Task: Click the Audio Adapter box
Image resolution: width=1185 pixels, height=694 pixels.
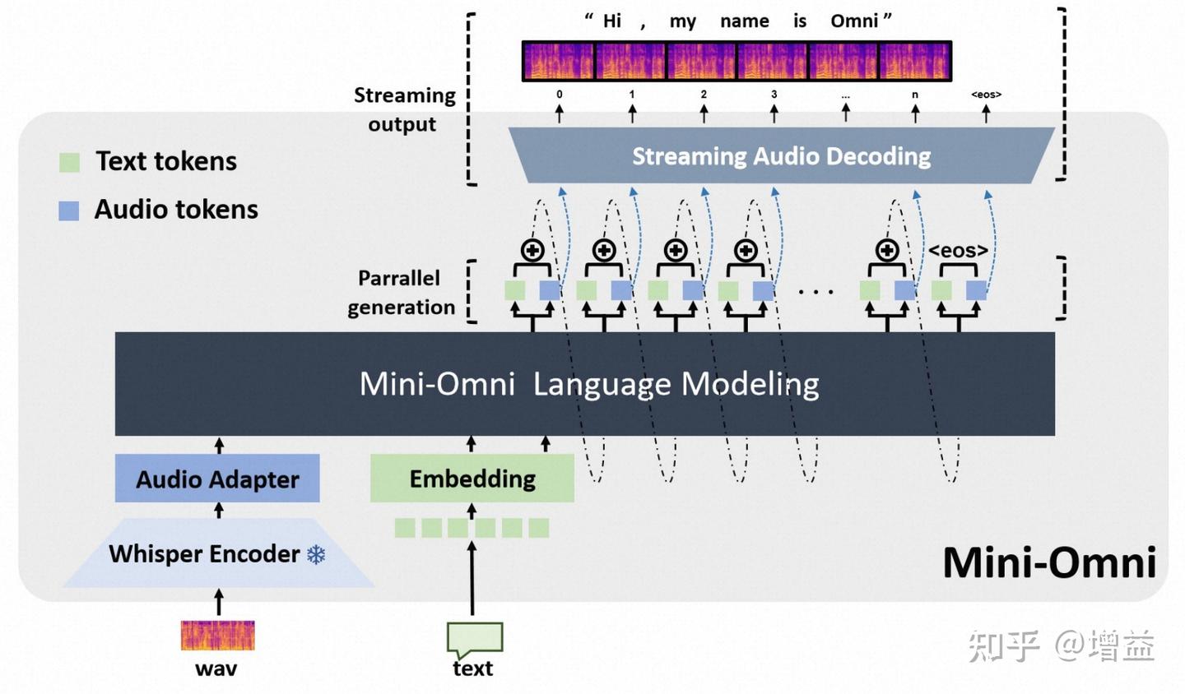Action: coord(217,479)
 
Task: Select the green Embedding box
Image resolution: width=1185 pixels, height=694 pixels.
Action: coord(472,479)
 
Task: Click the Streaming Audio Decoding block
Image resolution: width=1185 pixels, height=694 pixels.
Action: coord(781,155)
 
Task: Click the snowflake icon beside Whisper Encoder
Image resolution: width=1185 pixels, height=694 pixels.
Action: coord(316,554)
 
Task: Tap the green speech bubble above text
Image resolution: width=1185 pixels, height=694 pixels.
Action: coord(474,638)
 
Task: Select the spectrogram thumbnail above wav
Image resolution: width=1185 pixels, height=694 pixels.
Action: coord(217,636)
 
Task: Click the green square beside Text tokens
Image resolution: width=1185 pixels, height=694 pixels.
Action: coord(70,162)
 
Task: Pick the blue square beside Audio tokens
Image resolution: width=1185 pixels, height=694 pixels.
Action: coord(69,211)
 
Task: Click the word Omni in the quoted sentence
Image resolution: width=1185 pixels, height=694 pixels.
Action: coord(854,21)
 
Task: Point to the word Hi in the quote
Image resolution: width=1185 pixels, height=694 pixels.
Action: coord(611,21)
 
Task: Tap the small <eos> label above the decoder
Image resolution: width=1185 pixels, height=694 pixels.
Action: coord(986,95)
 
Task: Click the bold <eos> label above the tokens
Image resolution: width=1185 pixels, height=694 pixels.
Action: coord(959,250)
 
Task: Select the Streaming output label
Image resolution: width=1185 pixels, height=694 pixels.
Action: coord(403,109)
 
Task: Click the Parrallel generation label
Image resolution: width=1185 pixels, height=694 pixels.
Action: coord(400,293)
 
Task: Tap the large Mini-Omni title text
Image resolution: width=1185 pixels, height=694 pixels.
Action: coord(1049,563)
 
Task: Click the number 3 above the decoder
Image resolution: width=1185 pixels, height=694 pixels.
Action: coord(774,95)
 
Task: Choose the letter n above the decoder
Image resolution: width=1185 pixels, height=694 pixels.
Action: coord(915,95)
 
